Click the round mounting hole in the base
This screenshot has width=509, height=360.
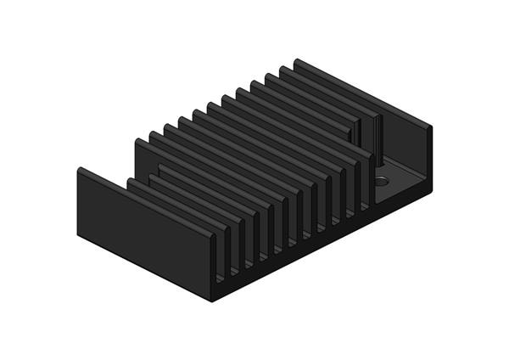(382, 181)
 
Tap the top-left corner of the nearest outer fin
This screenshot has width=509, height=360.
(79, 169)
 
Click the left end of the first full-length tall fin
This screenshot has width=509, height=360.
(137, 143)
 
